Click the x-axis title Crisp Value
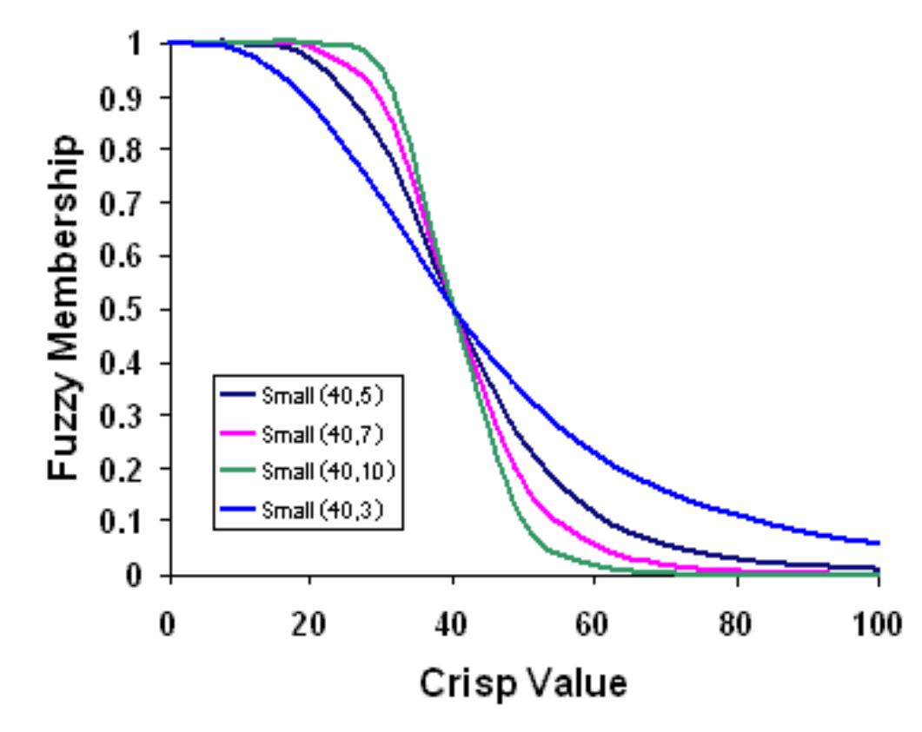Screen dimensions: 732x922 coord(522,683)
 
